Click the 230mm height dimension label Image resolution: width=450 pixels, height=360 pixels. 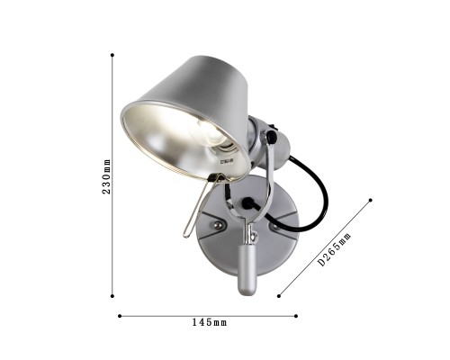point(106,176)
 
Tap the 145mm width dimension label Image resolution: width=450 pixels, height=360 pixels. point(210,323)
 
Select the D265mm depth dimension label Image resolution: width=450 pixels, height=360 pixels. point(334,249)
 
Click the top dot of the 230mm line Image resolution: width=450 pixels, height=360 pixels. point(112,55)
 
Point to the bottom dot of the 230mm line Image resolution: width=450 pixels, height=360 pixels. point(112,296)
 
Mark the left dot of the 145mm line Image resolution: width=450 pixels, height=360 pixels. point(120,316)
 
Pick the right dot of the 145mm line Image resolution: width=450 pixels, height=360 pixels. point(296,316)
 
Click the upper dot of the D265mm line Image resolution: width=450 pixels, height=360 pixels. point(371,200)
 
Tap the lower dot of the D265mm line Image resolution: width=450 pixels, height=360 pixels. point(279,296)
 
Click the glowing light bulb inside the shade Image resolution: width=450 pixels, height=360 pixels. point(210,131)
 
